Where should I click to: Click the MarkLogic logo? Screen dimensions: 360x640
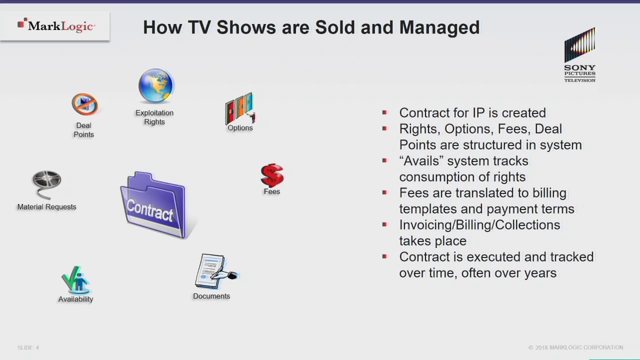[56, 25]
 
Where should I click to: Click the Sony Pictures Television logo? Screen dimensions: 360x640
[579, 55]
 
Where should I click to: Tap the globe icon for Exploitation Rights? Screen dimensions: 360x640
[155, 86]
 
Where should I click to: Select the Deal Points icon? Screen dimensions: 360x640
[84, 105]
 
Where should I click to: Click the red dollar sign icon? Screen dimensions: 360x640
[272, 175]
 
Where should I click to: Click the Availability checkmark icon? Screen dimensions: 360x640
[75, 280]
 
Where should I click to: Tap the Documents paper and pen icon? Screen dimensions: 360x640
[214, 271]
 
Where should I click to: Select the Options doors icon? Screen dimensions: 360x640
[240, 108]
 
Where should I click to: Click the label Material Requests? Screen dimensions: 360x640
[46, 207]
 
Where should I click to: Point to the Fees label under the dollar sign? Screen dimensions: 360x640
[272, 191]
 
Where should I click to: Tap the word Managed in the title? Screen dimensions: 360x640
[439, 27]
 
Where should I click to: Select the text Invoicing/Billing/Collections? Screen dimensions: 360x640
[479, 225]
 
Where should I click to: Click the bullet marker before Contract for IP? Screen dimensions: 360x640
[384, 112]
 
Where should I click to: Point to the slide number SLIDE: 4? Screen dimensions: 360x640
[28, 347]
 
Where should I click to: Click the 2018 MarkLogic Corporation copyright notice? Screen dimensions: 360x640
[575, 347]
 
